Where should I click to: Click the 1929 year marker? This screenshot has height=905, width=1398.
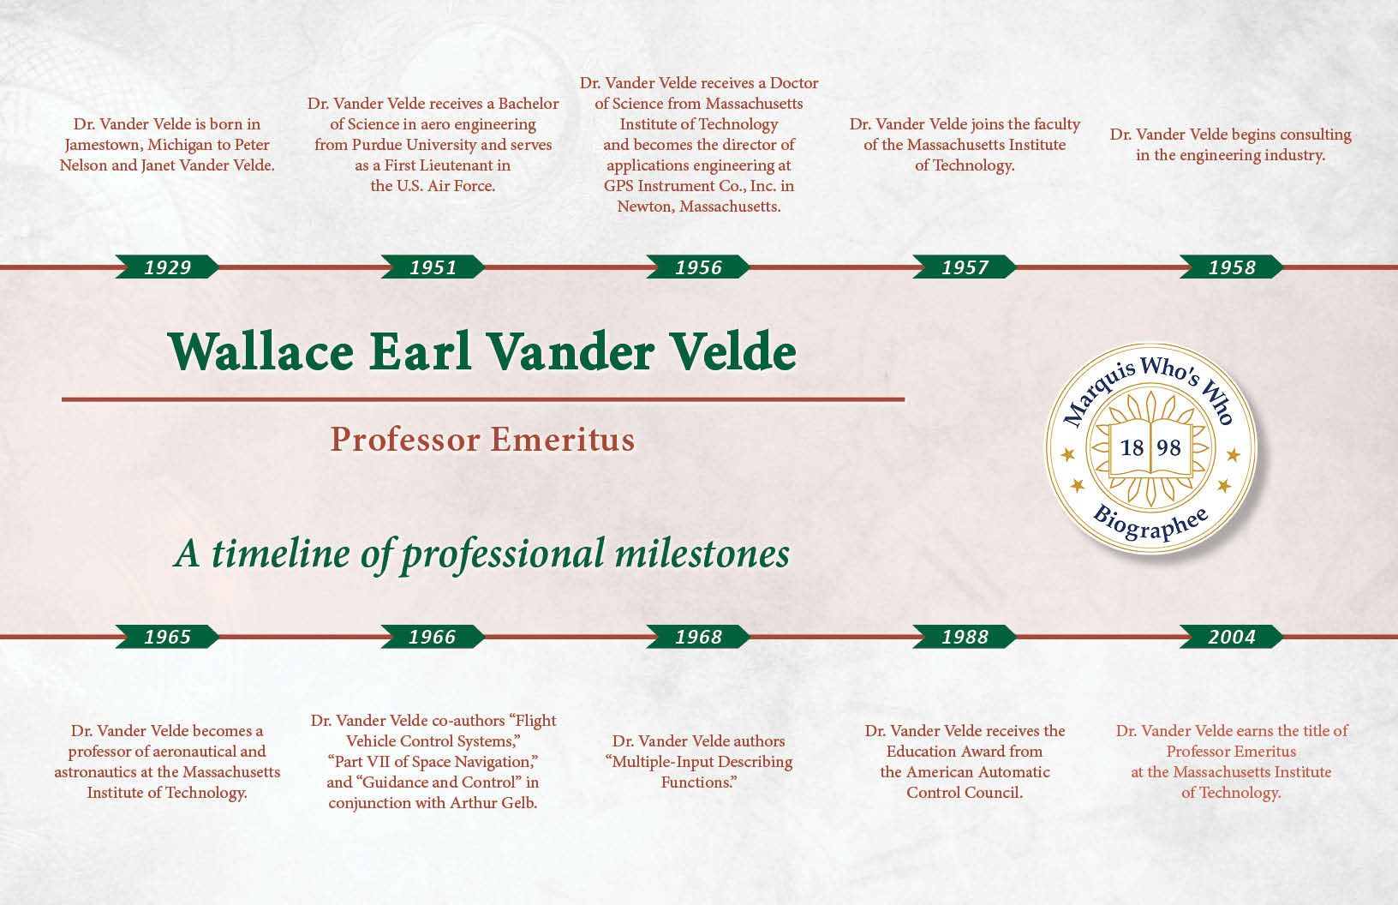click(x=167, y=267)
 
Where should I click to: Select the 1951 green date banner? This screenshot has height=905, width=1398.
click(x=433, y=267)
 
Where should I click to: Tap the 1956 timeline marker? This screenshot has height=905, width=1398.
click(x=698, y=267)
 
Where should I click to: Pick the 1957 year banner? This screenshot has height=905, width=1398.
click(x=965, y=267)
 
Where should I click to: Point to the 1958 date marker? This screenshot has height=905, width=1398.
click(x=1231, y=267)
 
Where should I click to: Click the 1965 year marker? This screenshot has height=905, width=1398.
click(x=167, y=637)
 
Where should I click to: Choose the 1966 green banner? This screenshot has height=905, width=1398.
click(x=433, y=637)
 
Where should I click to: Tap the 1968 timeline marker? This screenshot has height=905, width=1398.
click(x=698, y=637)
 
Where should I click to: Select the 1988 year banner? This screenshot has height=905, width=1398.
click(x=965, y=637)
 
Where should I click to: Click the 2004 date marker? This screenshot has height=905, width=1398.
click(x=1231, y=637)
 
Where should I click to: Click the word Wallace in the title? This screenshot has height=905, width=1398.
click(x=261, y=351)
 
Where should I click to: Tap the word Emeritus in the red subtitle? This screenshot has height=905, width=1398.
click(x=562, y=439)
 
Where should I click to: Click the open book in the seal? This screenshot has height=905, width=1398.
click(x=1150, y=449)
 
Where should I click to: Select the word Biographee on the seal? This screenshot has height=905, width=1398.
click(x=1150, y=524)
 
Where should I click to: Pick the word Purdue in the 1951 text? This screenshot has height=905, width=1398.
click(x=377, y=145)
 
